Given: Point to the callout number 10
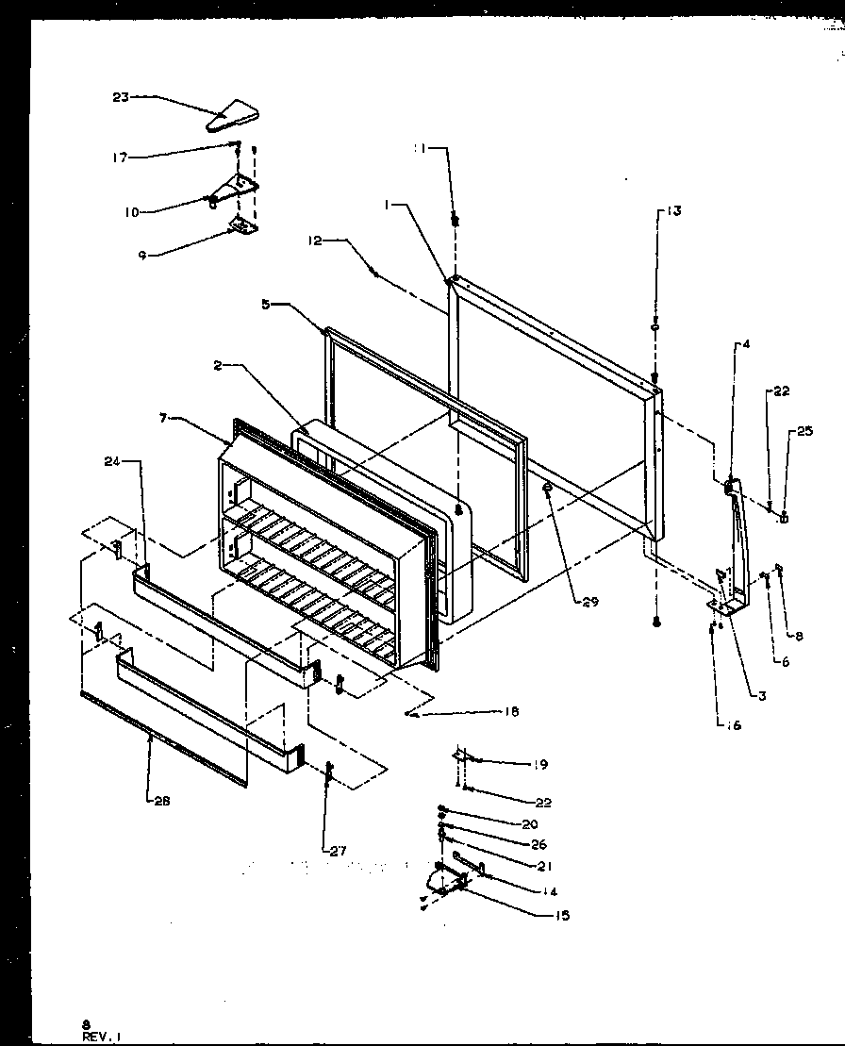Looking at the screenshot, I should tap(130, 212).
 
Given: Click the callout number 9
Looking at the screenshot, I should tap(141, 255).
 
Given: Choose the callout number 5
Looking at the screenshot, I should tap(266, 305).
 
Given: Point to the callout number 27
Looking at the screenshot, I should tap(337, 850).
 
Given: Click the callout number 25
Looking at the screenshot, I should tap(804, 431).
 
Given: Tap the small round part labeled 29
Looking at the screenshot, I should tap(547, 489).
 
